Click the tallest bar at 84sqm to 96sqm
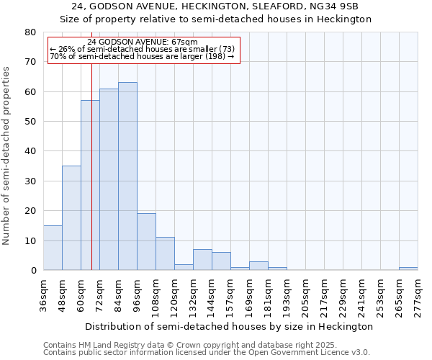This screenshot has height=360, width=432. click(127, 176)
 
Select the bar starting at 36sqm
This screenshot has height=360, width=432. click(53, 248)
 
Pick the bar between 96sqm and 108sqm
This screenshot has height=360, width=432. click(146, 242)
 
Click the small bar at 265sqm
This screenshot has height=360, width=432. click(408, 269)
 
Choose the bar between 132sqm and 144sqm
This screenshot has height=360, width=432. click(202, 260)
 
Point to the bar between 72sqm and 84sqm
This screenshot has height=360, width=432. click(109, 179)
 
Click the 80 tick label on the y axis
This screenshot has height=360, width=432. click(30, 32)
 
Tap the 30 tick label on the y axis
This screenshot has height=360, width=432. click(30, 181)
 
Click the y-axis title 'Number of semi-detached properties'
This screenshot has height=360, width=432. click(6, 156)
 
